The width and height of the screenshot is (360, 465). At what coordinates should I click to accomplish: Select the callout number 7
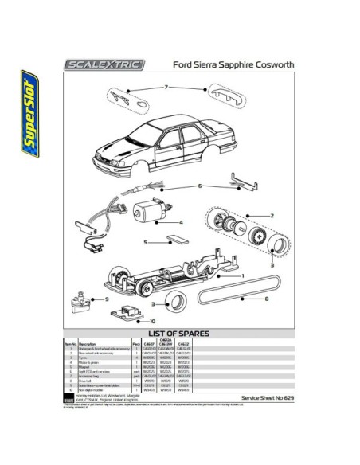166,86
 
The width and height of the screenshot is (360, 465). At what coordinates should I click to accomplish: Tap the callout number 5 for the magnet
146,241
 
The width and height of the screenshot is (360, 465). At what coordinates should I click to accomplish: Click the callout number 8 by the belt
265,299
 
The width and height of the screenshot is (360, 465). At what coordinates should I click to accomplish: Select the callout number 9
106,299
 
